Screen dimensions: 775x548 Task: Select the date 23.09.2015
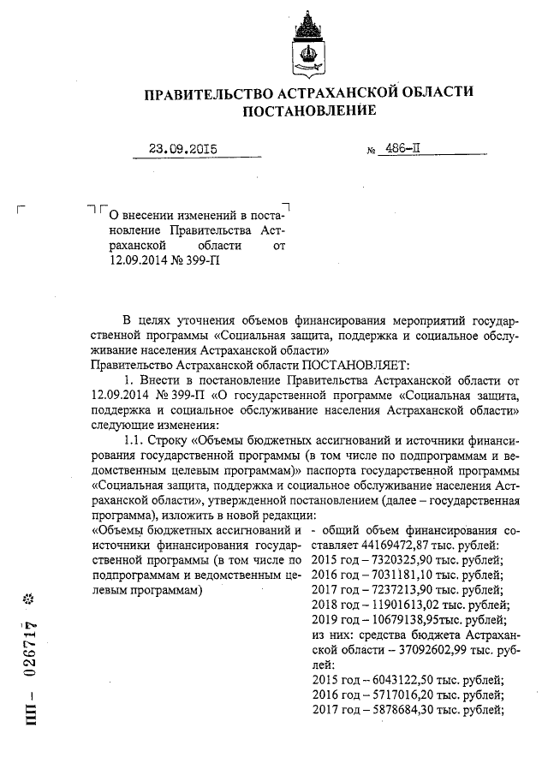click(182, 149)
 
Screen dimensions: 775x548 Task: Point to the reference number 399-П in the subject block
click(202, 262)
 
